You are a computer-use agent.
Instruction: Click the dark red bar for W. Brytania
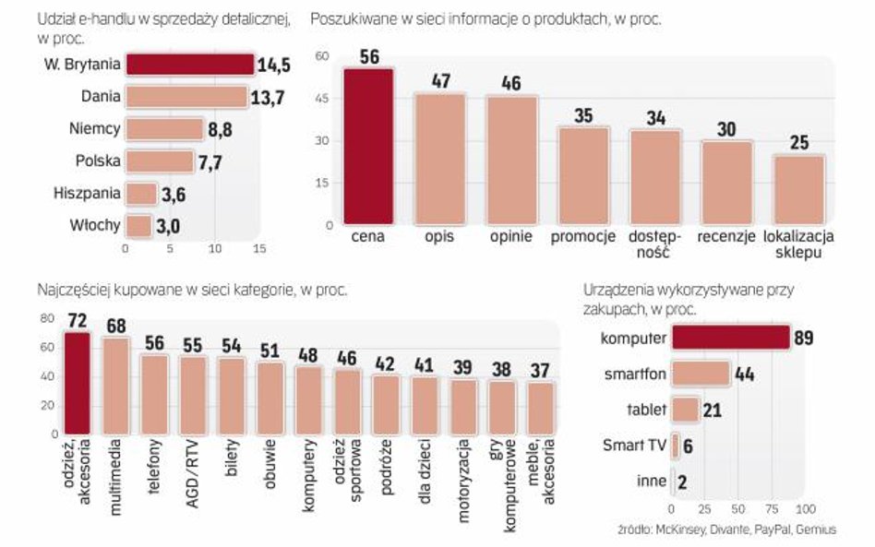click(x=189, y=65)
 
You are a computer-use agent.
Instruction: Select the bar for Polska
click(x=159, y=161)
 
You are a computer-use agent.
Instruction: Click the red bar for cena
click(x=368, y=148)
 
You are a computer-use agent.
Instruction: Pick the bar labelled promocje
click(x=583, y=176)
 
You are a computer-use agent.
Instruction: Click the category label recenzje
click(x=726, y=236)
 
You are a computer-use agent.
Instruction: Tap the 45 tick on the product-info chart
click(x=322, y=98)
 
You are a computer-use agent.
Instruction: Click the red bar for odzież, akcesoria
click(x=77, y=383)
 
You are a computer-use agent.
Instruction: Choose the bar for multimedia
click(x=115, y=386)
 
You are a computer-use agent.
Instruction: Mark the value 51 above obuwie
click(x=270, y=351)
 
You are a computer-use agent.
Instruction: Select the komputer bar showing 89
click(x=730, y=338)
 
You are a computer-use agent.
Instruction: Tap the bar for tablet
click(x=685, y=410)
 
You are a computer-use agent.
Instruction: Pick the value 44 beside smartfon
click(x=744, y=374)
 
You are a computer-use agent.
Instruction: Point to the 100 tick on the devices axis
click(x=805, y=509)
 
